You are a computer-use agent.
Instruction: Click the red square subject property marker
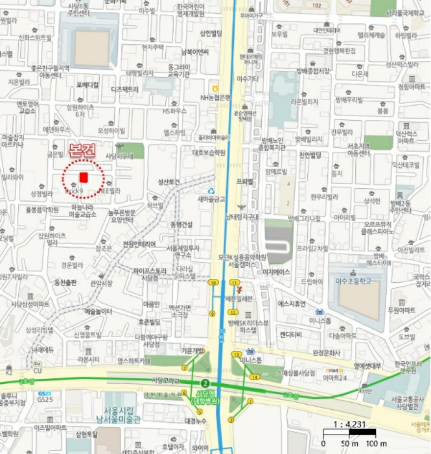(83, 177)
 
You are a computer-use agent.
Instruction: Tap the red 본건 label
(82, 152)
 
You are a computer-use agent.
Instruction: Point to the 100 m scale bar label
(377, 443)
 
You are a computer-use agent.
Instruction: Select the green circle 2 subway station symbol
(204, 383)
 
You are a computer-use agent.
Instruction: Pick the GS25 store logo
(45, 394)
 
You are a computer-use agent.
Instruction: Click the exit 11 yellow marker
(234, 283)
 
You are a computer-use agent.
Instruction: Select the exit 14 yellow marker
(254, 377)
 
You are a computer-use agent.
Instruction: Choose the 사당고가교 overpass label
(165, 379)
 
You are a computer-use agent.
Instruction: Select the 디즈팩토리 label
(125, 89)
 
